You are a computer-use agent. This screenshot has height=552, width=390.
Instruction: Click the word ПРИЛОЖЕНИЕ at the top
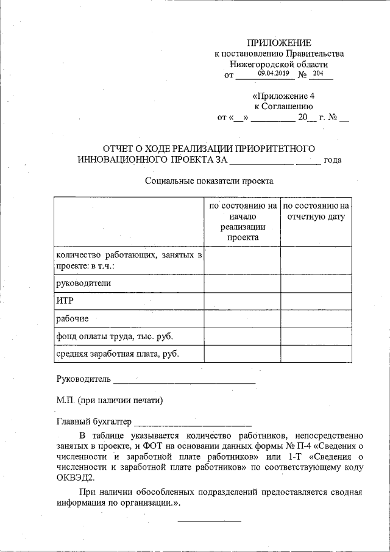click(x=278, y=43)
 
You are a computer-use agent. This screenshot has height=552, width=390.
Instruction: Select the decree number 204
click(x=317, y=73)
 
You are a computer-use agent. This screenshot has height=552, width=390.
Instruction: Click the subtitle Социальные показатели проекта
click(x=210, y=181)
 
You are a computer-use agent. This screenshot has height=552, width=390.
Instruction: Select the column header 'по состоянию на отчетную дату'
click(x=316, y=211)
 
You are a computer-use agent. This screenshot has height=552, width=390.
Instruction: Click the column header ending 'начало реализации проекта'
click(x=243, y=222)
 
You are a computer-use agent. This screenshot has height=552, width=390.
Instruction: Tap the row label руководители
click(x=83, y=283)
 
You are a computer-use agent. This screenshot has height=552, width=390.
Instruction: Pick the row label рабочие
click(x=73, y=318)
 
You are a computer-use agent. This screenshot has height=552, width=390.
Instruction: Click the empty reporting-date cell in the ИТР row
click(x=316, y=301)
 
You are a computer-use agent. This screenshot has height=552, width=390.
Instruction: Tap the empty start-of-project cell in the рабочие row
click(x=243, y=318)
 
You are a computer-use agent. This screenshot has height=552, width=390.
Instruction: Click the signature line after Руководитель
click(x=184, y=381)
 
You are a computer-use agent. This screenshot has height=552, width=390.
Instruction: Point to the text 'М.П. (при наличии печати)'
click(x=110, y=401)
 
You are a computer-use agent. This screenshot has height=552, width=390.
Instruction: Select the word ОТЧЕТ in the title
click(x=121, y=148)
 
